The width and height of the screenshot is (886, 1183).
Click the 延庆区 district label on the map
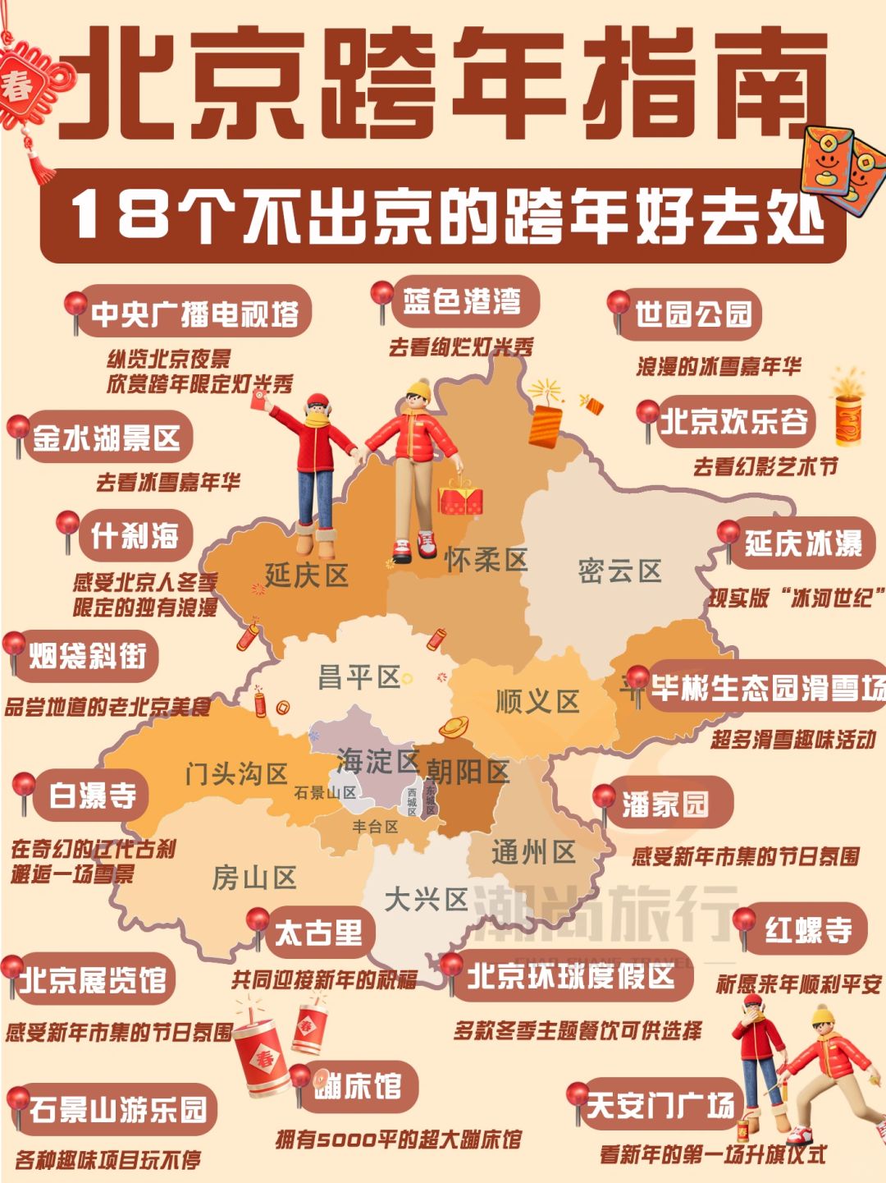(x=307, y=575)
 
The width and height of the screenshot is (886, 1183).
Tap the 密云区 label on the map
(x=619, y=571)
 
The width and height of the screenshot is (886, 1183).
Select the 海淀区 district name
(x=377, y=761)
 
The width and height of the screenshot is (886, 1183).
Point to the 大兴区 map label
(x=426, y=899)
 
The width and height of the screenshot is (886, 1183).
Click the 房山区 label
(x=254, y=878)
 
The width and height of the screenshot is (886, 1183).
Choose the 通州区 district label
(x=533, y=853)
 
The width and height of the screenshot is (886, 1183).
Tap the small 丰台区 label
(x=375, y=827)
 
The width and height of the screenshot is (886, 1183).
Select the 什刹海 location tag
(x=135, y=536)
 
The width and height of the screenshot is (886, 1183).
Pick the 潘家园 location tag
(x=664, y=804)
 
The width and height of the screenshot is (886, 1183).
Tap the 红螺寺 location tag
(x=808, y=930)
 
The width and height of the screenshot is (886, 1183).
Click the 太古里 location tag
(x=318, y=933)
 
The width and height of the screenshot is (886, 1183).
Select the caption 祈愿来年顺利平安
(x=798, y=984)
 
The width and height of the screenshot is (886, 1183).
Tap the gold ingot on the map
(x=454, y=727)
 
